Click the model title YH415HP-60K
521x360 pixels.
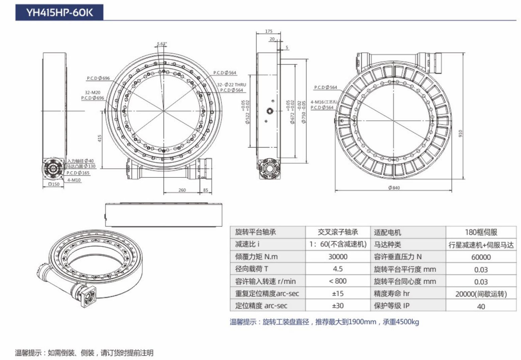pyautogui.click(x=59, y=13)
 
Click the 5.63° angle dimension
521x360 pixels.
pyautogui.click(x=162, y=44)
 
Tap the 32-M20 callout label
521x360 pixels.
pyautogui.click(x=92, y=92)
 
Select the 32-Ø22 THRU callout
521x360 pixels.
pyautogui.click(x=231, y=85)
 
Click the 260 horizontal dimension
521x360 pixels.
pyautogui.click(x=182, y=190)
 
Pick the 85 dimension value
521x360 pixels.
pyautogui.click(x=206, y=190)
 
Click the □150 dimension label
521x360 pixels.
pyautogui.click(x=54, y=184)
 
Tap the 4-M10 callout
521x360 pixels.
pyautogui.click(x=74, y=180)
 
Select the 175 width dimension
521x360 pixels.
pyautogui.click(x=269, y=31)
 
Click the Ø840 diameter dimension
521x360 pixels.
pyautogui.click(x=394, y=188)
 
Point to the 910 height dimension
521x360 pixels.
pyautogui.click(x=461, y=133)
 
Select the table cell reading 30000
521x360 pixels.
pyautogui.click(x=338, y=257)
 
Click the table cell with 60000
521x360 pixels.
pyautogui.click(x=481, y=257)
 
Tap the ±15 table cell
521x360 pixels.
pyautogui.click(x=338, y=293)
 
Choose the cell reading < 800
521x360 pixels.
pyautogui.click(x=338, y=281)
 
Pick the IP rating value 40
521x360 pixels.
pyautogui.click(x=481, y=306)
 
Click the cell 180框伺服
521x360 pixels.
pyautogui.click(x=481, y=232)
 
